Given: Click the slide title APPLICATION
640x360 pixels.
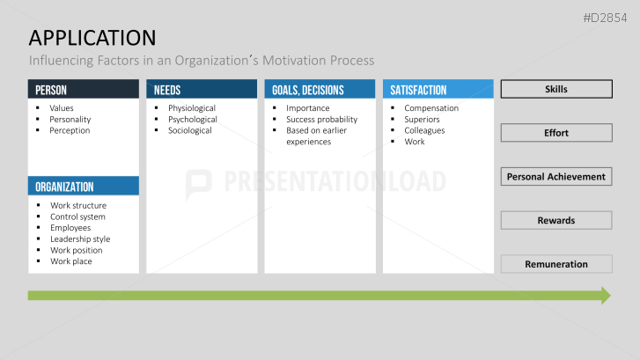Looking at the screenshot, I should (x=92, y=37).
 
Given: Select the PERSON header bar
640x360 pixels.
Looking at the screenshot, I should (x=83, y=90).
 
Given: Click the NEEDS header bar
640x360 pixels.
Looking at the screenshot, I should (x=202, y=90).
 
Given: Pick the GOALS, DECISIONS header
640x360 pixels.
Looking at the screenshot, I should (x=320, y=90).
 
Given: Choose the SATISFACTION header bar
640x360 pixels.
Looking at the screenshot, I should (x=438, y=90).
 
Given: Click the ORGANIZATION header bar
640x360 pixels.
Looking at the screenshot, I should (x=83, y=187).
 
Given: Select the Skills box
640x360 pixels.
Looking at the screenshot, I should (x=556, y=89).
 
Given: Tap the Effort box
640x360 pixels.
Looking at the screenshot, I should (x=556, y=133).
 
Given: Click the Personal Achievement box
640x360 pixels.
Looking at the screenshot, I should (x=556, y=176).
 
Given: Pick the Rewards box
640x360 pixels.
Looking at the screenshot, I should (x=556, y=220).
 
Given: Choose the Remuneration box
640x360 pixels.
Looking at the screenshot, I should (x=556, y=264).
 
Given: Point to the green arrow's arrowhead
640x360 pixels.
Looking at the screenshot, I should (x=605, y=295).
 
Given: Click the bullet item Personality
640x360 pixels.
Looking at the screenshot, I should (x=70, y=120).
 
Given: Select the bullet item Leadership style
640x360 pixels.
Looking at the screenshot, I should (x=80, y=239).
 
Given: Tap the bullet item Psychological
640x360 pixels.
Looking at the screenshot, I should (x=192, y=120).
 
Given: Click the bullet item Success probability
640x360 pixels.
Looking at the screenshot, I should (x=321, y=120).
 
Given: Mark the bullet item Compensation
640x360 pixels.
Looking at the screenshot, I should (x=431, y=108).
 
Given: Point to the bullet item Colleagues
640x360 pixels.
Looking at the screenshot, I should (x=424, y=130).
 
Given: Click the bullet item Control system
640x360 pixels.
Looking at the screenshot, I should (x=77, y=217).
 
